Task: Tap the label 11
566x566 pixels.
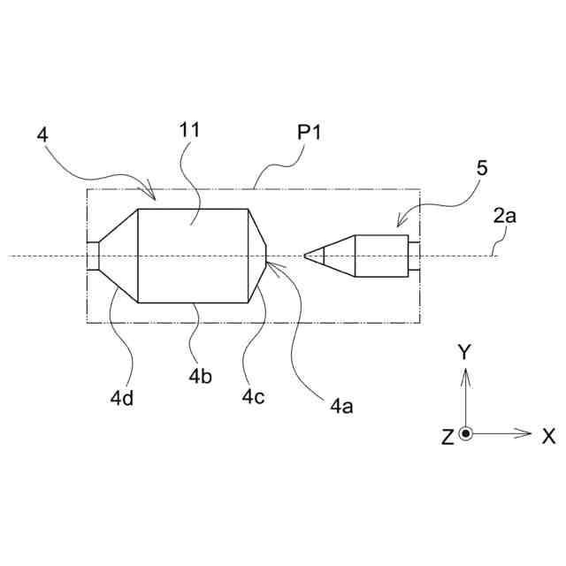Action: tap(189, 130)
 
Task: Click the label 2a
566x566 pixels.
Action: tap(505, 215)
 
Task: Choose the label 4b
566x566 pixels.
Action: tap(199, 374)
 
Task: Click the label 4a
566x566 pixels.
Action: tap(342, 406)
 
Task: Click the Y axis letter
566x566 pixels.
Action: tap(464, 352)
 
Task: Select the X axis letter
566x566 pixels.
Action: tap(548, 435)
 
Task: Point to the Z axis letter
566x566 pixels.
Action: tap(447, 435)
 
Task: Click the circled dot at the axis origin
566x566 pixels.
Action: tap(467, 433)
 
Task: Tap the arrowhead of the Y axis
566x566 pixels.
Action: tap(467, 371)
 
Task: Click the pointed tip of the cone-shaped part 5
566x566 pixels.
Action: tap(305, 256)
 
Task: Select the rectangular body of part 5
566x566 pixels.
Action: tap(381, 256)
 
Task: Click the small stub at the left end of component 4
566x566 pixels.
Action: tap(92, 256)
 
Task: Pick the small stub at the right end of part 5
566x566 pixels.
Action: tap(413, 256)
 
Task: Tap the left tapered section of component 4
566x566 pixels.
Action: tap(119, 256)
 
